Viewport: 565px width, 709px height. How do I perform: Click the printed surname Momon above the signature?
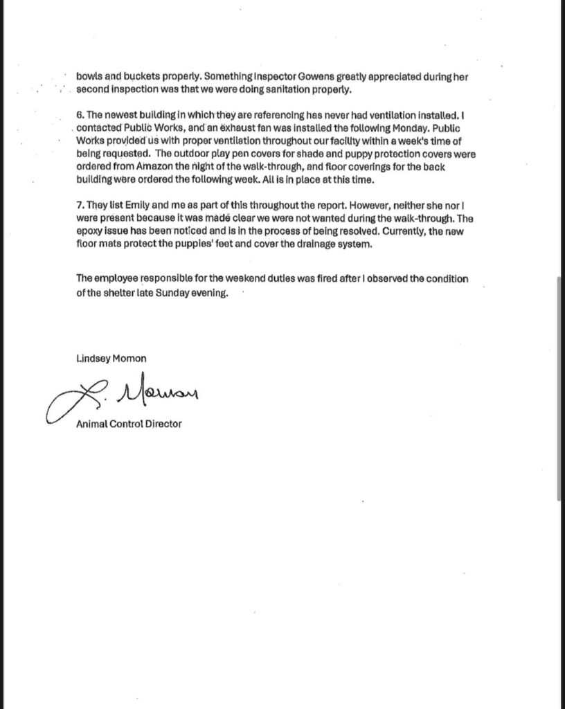[x=129, y=359]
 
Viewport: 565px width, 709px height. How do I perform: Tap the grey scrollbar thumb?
[x=559, y=388]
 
